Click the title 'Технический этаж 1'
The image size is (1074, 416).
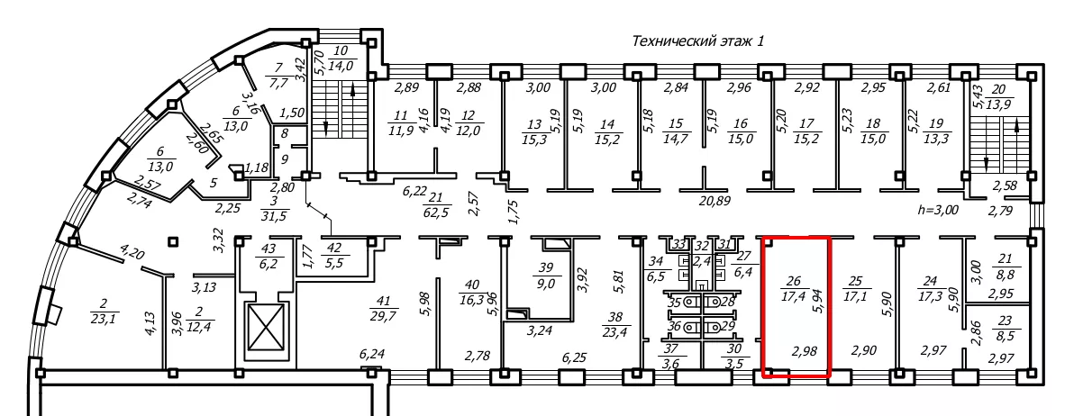(x=697, y=41)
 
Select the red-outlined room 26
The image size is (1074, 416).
(x=796, y=306)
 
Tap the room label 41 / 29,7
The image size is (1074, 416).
(x=384, y=306)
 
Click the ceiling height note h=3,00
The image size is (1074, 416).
(x=937, y=210)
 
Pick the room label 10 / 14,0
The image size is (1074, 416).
(x=341, y=59)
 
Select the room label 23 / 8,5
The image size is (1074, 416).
(x=1006, y=329)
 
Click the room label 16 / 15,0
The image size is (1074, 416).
(x=741, y=131)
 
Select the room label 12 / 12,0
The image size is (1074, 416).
(x=469, y=123)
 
